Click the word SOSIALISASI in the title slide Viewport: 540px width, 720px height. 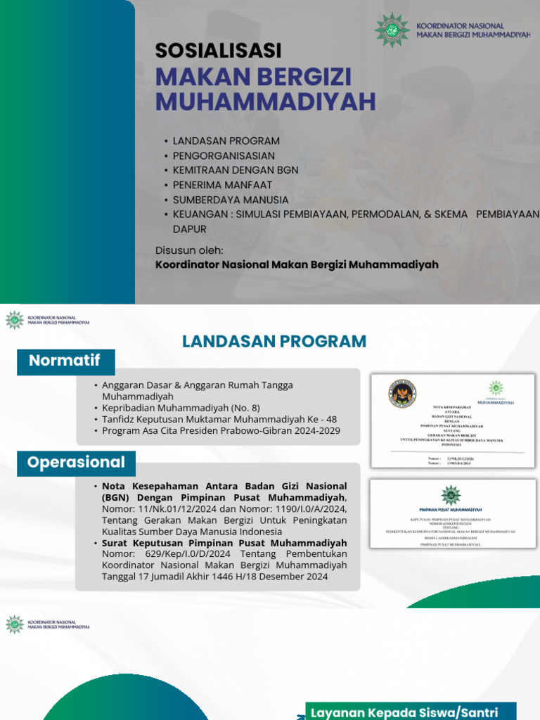click(x=218, y=51)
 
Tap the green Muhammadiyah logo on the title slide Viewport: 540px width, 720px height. click(x=392, y=30)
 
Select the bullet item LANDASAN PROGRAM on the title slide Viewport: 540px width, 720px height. click(x=226, y=141)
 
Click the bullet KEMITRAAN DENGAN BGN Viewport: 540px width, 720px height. click(x=235, y=170)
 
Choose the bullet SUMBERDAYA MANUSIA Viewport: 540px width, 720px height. click(x=230, y=200)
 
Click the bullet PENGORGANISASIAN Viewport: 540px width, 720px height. click(x=224, y=155)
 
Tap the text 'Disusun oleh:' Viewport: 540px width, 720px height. click(x=189, y=250)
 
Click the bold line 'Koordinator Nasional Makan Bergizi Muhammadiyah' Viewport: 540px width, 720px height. click(x=296, y=264)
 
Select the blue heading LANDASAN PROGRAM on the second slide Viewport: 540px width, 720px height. click(x=274, y=342)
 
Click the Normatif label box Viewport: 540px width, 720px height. click(x=65, y=361)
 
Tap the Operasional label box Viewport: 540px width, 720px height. click(x=76, y=463)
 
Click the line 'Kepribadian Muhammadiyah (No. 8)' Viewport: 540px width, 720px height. click(x=181, y=408)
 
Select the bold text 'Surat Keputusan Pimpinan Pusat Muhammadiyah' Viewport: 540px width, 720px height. click(x=224, y=544)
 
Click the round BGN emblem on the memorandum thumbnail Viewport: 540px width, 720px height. click(x=402, y=394)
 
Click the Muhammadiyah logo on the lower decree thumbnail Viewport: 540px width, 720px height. click(x=451, y=495)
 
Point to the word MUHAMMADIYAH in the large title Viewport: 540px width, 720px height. click(x=265, y=101)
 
